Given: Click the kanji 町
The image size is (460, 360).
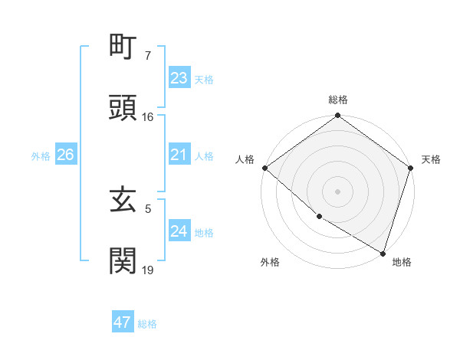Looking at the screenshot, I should (123, 50).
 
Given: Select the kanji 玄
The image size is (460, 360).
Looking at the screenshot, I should (123, 201).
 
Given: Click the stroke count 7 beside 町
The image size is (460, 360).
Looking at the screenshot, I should (148, 57).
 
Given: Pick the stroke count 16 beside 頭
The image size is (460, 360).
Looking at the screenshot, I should (148, 117).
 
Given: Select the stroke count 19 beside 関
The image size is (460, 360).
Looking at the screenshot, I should (148, 269).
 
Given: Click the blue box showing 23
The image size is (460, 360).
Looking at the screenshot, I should (179, 78).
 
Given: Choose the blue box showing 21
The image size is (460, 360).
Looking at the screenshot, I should (179, 155).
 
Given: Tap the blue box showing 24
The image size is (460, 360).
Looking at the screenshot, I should (179, 231).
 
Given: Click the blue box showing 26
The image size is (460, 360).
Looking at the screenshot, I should (65, 155).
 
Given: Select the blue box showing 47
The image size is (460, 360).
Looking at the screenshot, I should (123, 322).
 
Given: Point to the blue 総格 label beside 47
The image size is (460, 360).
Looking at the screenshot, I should (147, 324).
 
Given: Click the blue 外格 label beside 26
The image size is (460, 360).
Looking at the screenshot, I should (41, 156).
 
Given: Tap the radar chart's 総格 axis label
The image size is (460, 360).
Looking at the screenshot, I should (338, 100).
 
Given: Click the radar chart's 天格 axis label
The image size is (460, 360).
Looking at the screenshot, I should (431, 159).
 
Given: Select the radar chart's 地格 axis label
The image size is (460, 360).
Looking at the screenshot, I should (402, 262).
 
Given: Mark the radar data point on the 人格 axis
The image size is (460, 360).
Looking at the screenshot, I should (264, 168).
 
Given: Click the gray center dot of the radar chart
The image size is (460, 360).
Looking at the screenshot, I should (337, 191).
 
